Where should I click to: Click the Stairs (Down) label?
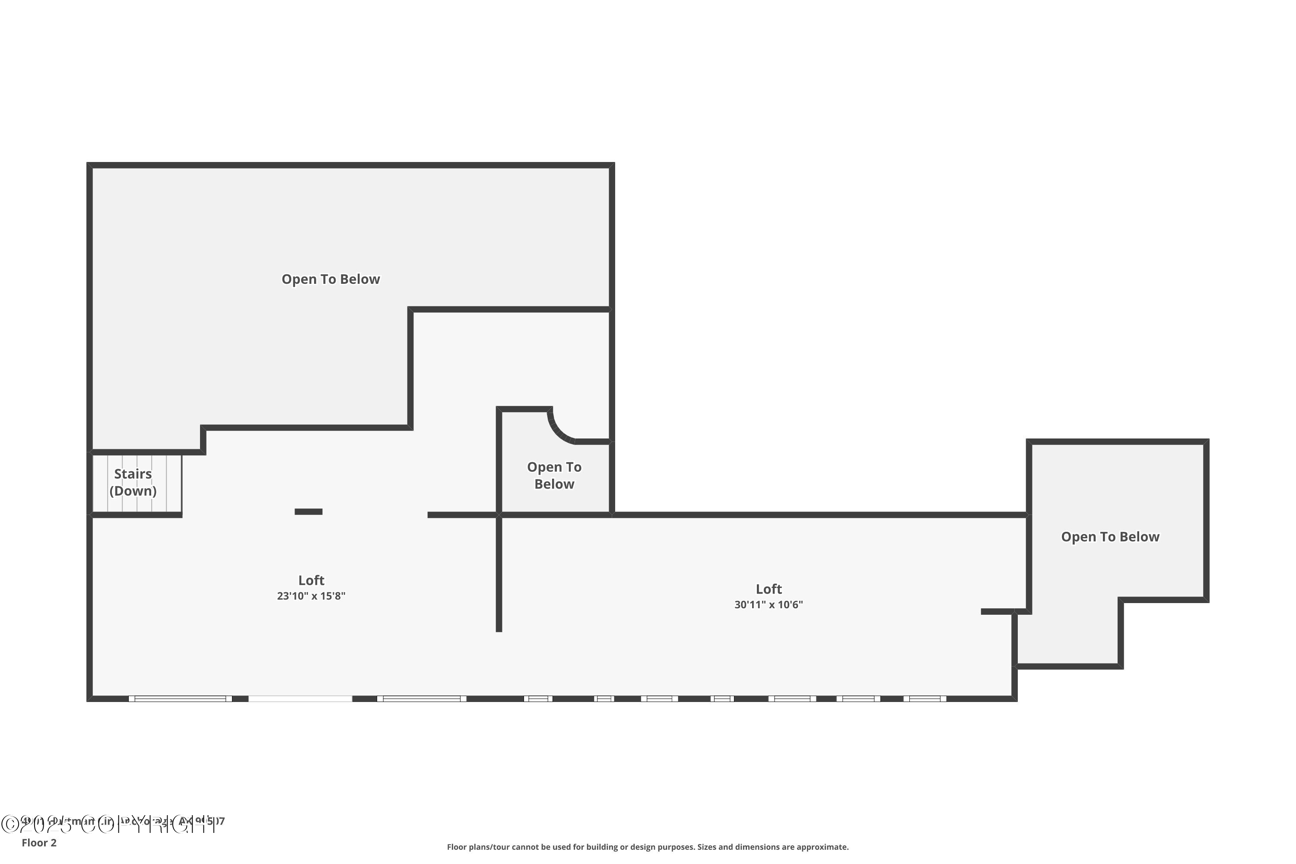[x=133, y=482]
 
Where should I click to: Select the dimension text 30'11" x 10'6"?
[x=768, y=604]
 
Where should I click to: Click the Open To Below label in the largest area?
[x=330, y=280]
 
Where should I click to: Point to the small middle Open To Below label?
[x=554, y=476]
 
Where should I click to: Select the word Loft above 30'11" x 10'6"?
[x=768, y=589]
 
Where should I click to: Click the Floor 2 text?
[x=39, y=842]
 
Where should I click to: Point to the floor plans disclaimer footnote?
[x=648, y=847]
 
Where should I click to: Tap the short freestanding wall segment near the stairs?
[x=308, y=512]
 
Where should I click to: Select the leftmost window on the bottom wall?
[x=180, y=699]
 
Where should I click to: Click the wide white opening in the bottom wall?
[x=300, y=699]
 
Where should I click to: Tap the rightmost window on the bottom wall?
[x=924, y=699]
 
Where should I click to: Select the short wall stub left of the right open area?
[x=997, y=612]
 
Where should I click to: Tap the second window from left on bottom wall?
[x=422, y=699]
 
